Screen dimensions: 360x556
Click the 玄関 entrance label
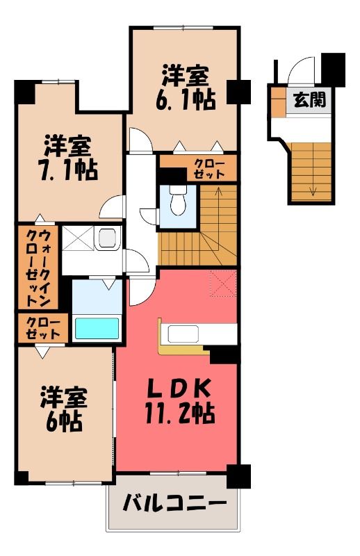click(x=310, y=100)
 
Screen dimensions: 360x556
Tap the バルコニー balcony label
click(x=174, y=503)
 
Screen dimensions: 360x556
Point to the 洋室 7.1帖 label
click(x=67, y=158)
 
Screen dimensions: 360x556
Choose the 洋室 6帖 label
click(x=64, y=409)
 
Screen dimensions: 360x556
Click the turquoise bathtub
click(x=97, y=328)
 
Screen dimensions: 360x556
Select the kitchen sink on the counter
click(x=183, y=334)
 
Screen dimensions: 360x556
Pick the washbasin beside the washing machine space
click(x=108, y=238)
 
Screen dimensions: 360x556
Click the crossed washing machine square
click(x=78, y=238)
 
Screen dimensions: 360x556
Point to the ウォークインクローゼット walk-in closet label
click(x=38, y=268)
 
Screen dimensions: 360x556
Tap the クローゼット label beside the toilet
click(x=209, y=169)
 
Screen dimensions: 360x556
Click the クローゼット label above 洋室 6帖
click(x=43, y=328)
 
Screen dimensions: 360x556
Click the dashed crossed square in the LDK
click(x=223, y=284)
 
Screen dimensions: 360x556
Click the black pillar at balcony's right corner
click(x=238, y=476)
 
